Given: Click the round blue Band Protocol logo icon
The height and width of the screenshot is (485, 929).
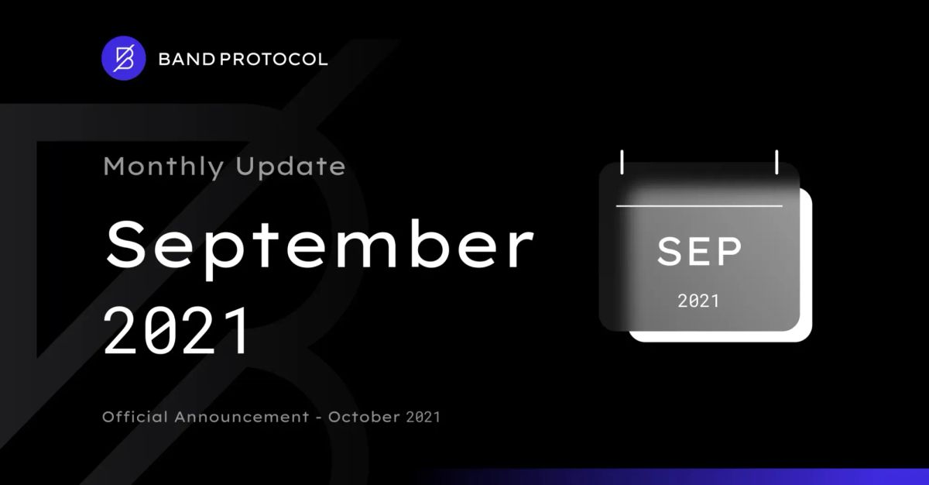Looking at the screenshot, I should tap(123, 58).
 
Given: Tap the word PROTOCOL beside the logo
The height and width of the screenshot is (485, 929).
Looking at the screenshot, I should tap(273, 59).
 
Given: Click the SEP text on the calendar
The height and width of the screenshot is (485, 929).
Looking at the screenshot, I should tap(699, 251).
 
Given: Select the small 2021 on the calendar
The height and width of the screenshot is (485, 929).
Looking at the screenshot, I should tap(698, 301).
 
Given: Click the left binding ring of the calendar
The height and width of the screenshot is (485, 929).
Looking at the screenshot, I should tap(622, 162).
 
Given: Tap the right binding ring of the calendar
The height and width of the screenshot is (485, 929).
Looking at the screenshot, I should tap(776, 162).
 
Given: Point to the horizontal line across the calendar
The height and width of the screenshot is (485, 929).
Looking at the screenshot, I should tap(699, 206).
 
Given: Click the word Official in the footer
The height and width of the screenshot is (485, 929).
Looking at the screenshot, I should tap(135, 417).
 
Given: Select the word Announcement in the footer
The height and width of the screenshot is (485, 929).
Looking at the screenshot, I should tap(242, 417).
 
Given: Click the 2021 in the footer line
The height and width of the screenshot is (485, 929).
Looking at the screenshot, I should tap(423, 417).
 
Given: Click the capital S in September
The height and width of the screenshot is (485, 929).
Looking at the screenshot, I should tap(124, 245).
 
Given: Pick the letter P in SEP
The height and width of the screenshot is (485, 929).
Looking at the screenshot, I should tap(728, 251).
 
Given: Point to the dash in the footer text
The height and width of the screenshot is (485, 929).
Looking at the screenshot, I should tap(319, 418).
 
